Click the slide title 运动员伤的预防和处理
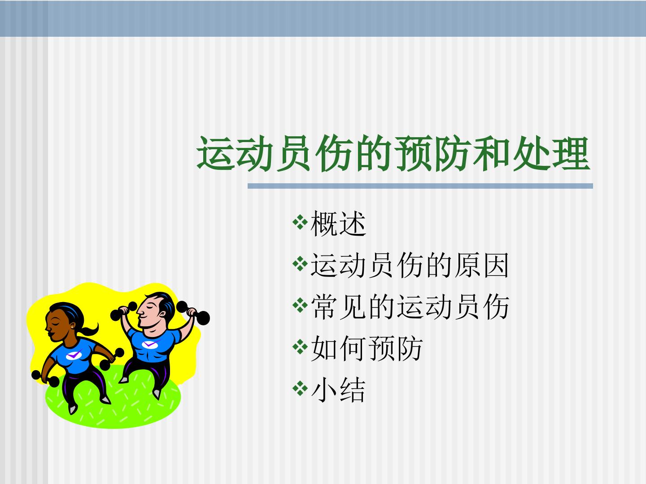pos(393,154)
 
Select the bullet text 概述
pos(338,224)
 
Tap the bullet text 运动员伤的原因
pos(410,265)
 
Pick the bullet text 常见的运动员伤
pos(410,307)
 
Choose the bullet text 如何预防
pos(367,348)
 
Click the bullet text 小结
pos(338,390)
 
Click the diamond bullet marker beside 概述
pos(299,222)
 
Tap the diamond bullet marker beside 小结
pos(299,388)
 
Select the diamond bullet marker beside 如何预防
pos(299,346)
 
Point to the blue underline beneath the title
pos(420,186)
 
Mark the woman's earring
pos(72,327)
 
